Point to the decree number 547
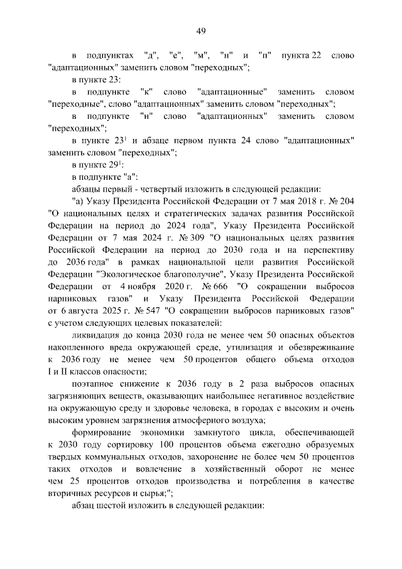click(153, 311)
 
